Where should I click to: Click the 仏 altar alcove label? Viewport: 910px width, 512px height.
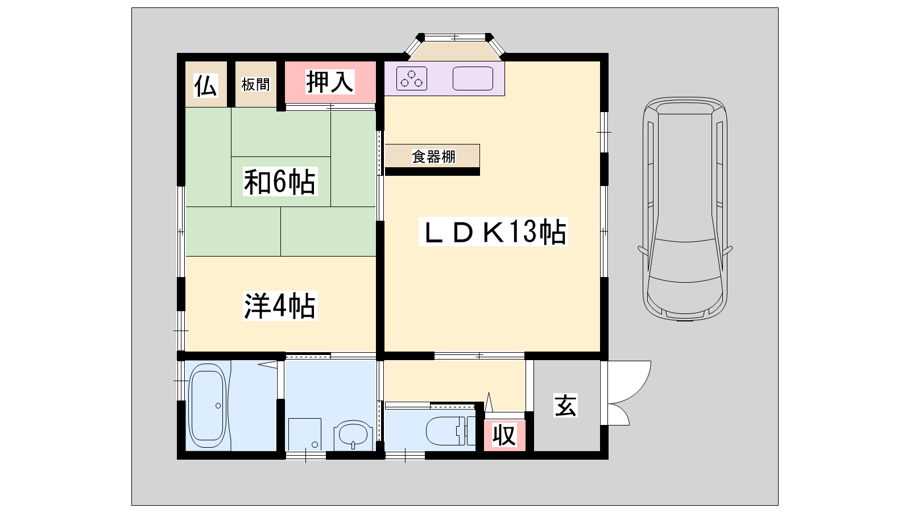tap(205, 85)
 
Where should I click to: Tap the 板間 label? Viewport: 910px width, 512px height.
tap(255, 85)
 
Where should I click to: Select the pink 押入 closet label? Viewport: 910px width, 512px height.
tap(329, 82)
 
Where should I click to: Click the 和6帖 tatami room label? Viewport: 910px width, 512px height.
tap(279, 181)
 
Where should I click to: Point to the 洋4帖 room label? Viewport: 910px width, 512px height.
tap(279, 306)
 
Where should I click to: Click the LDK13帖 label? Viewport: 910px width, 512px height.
tap(493, 232)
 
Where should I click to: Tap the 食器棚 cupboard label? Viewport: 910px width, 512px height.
tap(433, 156)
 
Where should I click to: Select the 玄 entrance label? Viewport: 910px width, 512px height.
tap(565, 405)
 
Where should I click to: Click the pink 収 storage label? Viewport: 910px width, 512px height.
tap(504, 435)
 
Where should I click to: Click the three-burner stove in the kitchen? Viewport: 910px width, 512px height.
tap(412, 79)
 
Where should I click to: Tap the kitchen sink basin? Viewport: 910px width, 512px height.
tap(473, 79)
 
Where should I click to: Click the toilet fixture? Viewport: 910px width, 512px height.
tap(450, 431)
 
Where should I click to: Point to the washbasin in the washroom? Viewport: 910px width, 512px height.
tap(353, 435)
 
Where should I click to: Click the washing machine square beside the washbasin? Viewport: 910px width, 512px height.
tap(305, 435)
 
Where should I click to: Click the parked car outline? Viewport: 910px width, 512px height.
tap(685, 209)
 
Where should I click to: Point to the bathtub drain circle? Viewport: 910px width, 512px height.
tap(218, 406)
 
